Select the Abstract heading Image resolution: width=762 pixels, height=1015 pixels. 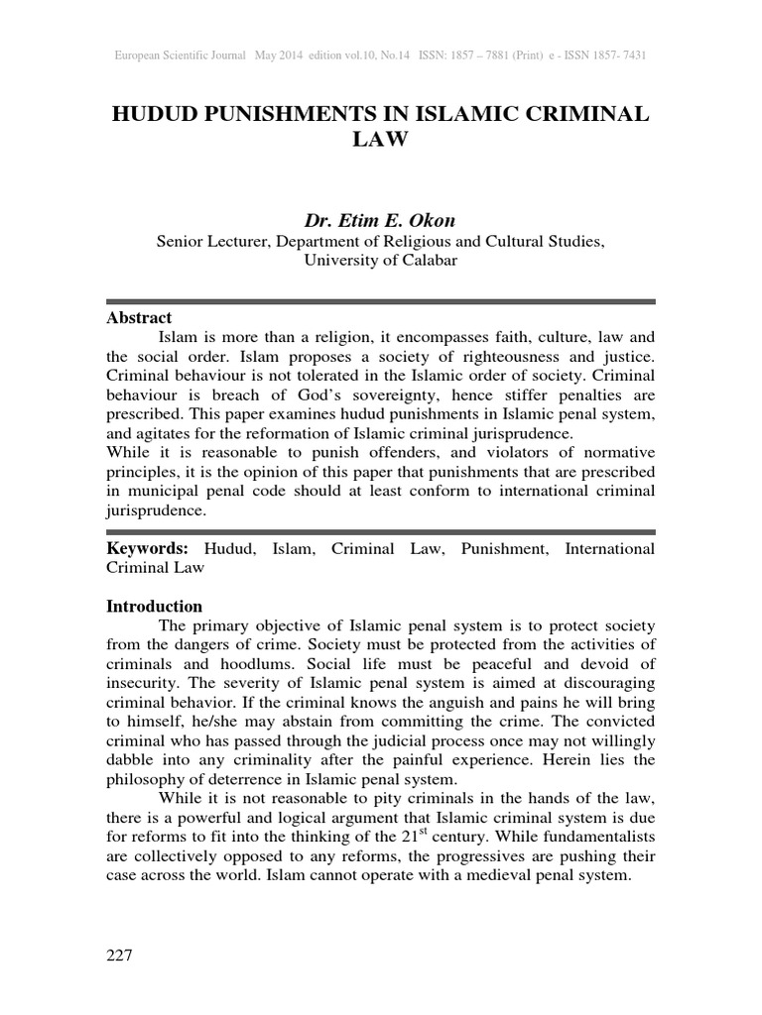coord(139,318)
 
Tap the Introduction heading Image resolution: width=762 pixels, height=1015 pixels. coord(154,606)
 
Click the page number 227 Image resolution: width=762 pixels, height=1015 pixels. coord(118,956)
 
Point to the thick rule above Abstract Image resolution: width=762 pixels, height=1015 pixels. coord(380,301)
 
